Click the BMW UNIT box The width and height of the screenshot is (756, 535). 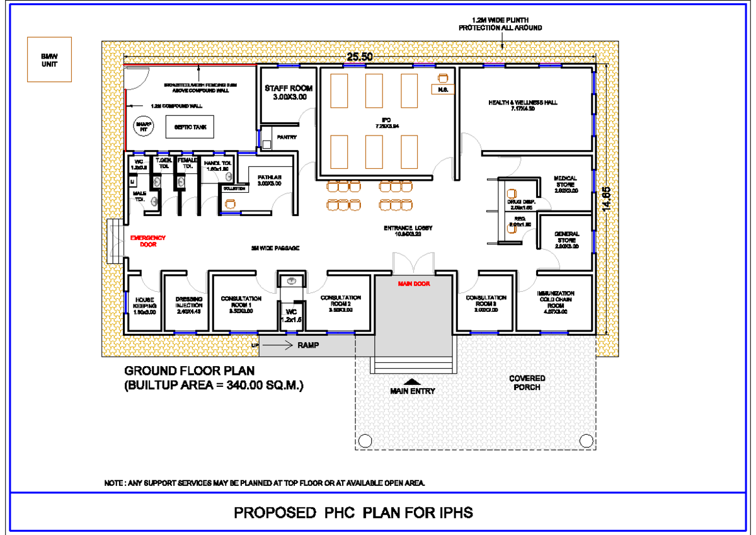pyautogui.click(x=49, y=59)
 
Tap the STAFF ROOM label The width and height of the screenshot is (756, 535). pyautogui.click(x=289, y=93)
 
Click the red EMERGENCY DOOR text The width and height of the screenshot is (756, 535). pyautogui.click(x=147, y=241)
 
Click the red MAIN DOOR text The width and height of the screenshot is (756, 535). pyautogui.click(x=413, y=284)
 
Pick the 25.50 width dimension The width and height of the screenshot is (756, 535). pyautogui.click(x=360, y=57)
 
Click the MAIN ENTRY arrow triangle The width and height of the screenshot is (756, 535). pyautogui.click(x=413, y=381)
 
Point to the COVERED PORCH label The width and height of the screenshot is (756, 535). pyautogui.click(x=527, y=383)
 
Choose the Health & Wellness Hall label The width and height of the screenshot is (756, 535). pyautogui.click(x=523, y=105)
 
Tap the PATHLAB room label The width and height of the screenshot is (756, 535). pyautogui.click(x=269, y=180)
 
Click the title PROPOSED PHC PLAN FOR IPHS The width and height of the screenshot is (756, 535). pyautogui.click(x=353, y=512)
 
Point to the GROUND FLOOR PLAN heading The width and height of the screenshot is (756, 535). pyautogui.click(x=190, y=371)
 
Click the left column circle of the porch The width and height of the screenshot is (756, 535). pyautogui.click(x=365, y=439)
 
